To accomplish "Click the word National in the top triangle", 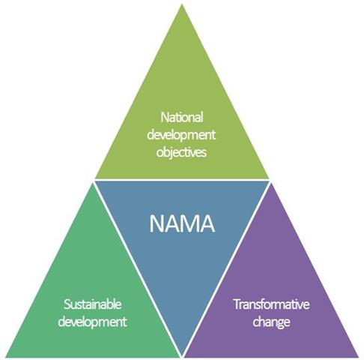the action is tap(181, 117).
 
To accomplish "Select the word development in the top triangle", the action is tap(181, 135).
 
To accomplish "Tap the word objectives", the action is tap(181, 152).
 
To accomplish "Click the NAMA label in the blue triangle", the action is tap(182, 223).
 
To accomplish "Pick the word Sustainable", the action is tap(93, 304).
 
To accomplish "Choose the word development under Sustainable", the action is tap(92, 322).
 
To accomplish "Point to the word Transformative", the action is tap(271, 304).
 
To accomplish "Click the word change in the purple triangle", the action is tap(271, 322).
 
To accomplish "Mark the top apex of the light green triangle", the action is tap(182, 4).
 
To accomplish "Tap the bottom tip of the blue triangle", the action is tap(182, 355).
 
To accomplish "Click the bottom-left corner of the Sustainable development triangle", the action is tap(5, 357).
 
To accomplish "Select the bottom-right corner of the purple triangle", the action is tap(359, 357).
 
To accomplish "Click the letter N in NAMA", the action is tap(156, 223).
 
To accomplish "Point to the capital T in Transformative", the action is tap(237, 304).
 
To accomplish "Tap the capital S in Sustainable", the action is tap(67, 304).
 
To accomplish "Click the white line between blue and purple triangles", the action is tap(226, 269).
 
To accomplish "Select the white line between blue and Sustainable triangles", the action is tap(138, 269).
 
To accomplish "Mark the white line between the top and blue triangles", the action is tap(182, 180).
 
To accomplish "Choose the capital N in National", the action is tap(165, 117).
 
